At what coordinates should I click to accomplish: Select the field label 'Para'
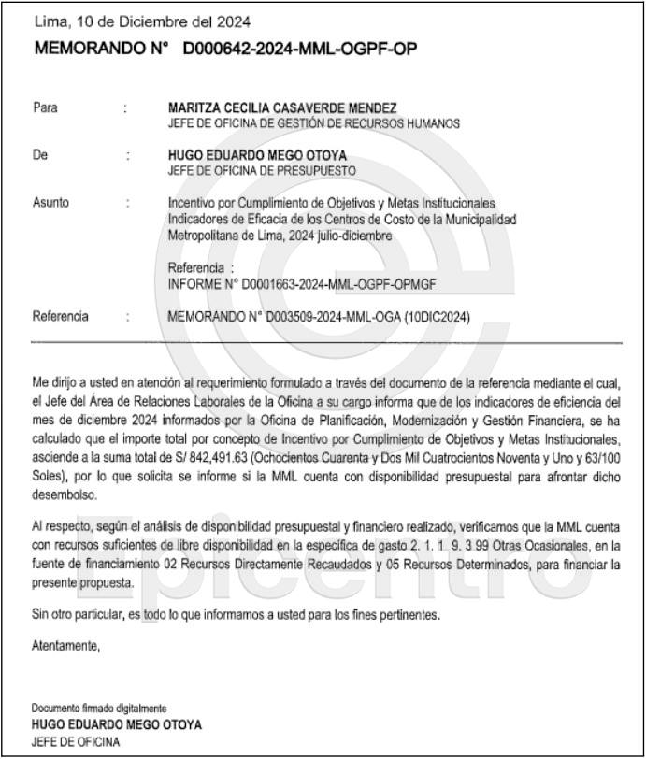[45, 108]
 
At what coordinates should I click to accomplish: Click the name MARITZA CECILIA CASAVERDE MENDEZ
[282, 108]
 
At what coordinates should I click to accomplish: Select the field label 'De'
[39, 155]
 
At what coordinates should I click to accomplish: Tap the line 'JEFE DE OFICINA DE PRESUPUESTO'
[262, 171]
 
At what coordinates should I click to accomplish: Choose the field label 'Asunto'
[50, 203]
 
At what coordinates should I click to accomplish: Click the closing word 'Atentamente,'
[65, 646]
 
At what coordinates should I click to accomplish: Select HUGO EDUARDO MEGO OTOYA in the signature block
[117, 724]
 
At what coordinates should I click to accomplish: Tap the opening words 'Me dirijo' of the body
[58, 382]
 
